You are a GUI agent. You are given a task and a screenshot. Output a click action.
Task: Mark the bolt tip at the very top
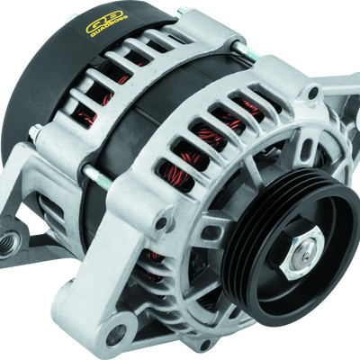[x=181, y=10]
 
